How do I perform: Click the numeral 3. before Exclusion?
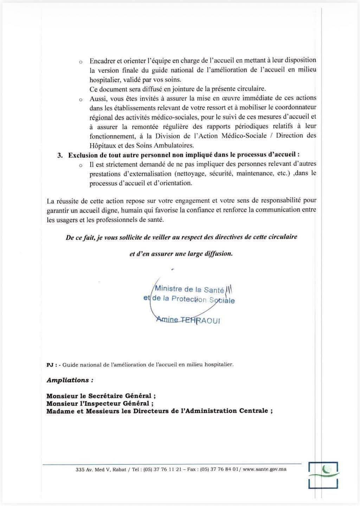pos(60,155)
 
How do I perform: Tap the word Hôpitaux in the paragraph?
pos(102,145)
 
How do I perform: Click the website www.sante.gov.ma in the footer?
pos(264,469)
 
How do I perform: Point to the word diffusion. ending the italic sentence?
pos(218,254)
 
